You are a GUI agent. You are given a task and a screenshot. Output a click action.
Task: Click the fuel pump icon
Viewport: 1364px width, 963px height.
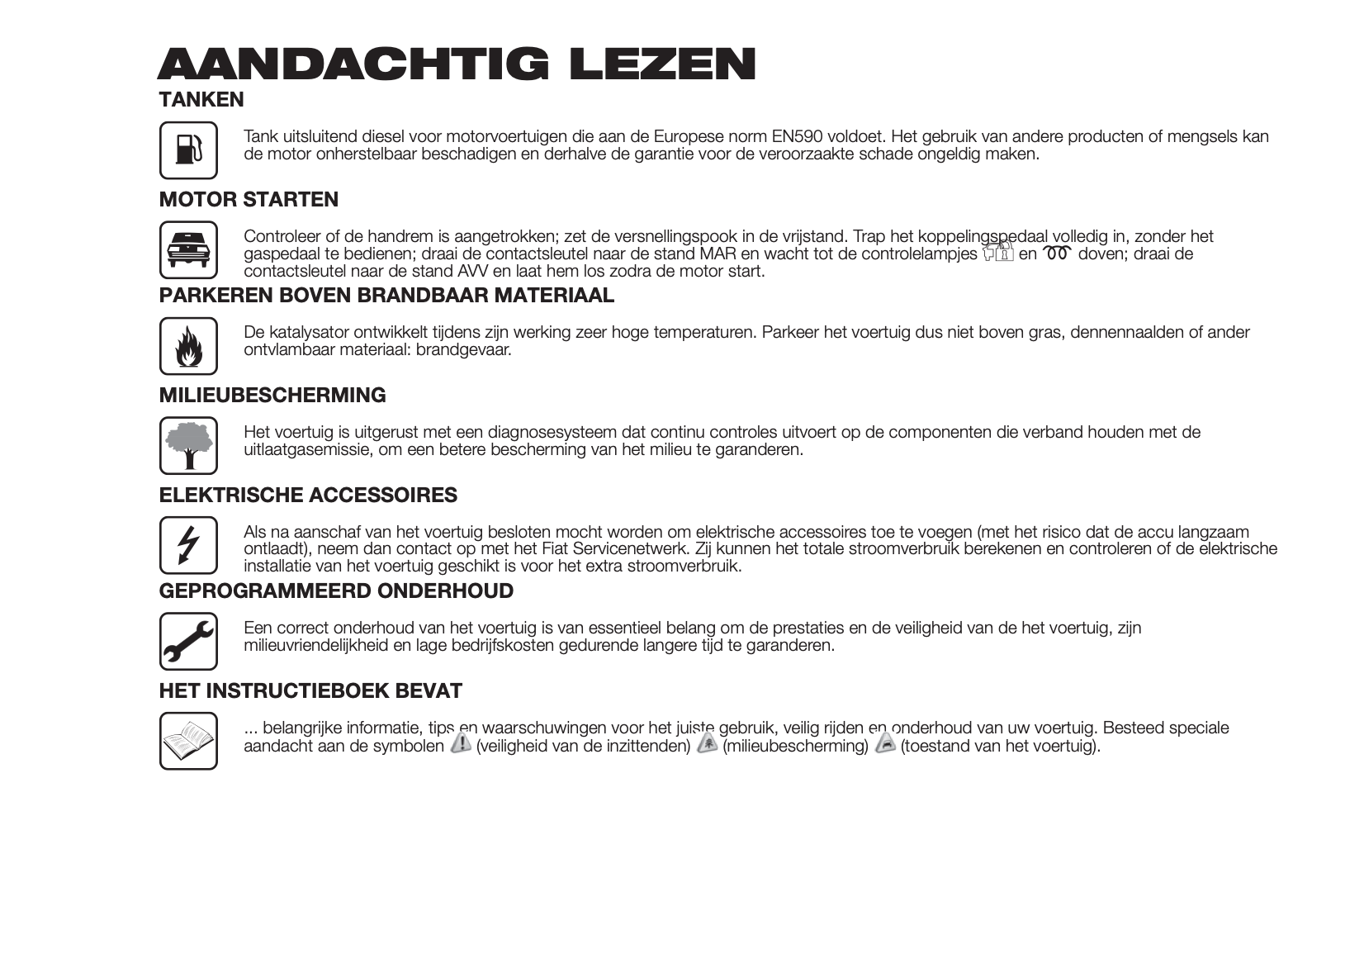tap(188, 150)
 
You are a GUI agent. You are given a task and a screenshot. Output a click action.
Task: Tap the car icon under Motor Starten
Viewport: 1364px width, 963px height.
tap(188, 249)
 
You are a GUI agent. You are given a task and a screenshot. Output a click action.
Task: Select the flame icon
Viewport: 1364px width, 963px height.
tap(188, 346)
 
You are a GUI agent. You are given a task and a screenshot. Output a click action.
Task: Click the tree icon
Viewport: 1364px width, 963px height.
tap(188, 445)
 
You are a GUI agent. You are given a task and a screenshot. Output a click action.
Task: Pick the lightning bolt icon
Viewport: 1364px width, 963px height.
tap(188, 545)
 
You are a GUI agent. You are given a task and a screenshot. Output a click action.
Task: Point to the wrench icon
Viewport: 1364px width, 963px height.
tap(188, 641)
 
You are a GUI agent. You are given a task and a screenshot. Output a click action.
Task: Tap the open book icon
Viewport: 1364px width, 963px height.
tap(188, 741)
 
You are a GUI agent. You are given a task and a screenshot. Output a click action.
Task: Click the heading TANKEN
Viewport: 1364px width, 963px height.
tap(201, 100)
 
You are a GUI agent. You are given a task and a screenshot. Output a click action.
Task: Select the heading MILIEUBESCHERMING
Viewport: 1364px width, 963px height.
tap(272, 396)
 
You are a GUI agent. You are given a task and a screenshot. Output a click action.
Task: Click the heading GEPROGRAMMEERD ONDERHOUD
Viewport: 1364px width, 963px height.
tap(336, 591)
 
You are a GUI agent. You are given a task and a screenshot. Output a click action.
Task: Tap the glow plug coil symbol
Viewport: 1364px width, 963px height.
tap(1057, 254)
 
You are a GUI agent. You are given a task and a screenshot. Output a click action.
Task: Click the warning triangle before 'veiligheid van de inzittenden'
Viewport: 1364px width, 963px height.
tap(461, 743)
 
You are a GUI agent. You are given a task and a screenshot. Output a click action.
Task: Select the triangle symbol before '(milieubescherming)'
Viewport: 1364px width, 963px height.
tap(708, 743)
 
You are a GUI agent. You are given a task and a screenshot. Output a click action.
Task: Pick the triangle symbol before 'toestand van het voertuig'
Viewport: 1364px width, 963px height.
tap(885, 743)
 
